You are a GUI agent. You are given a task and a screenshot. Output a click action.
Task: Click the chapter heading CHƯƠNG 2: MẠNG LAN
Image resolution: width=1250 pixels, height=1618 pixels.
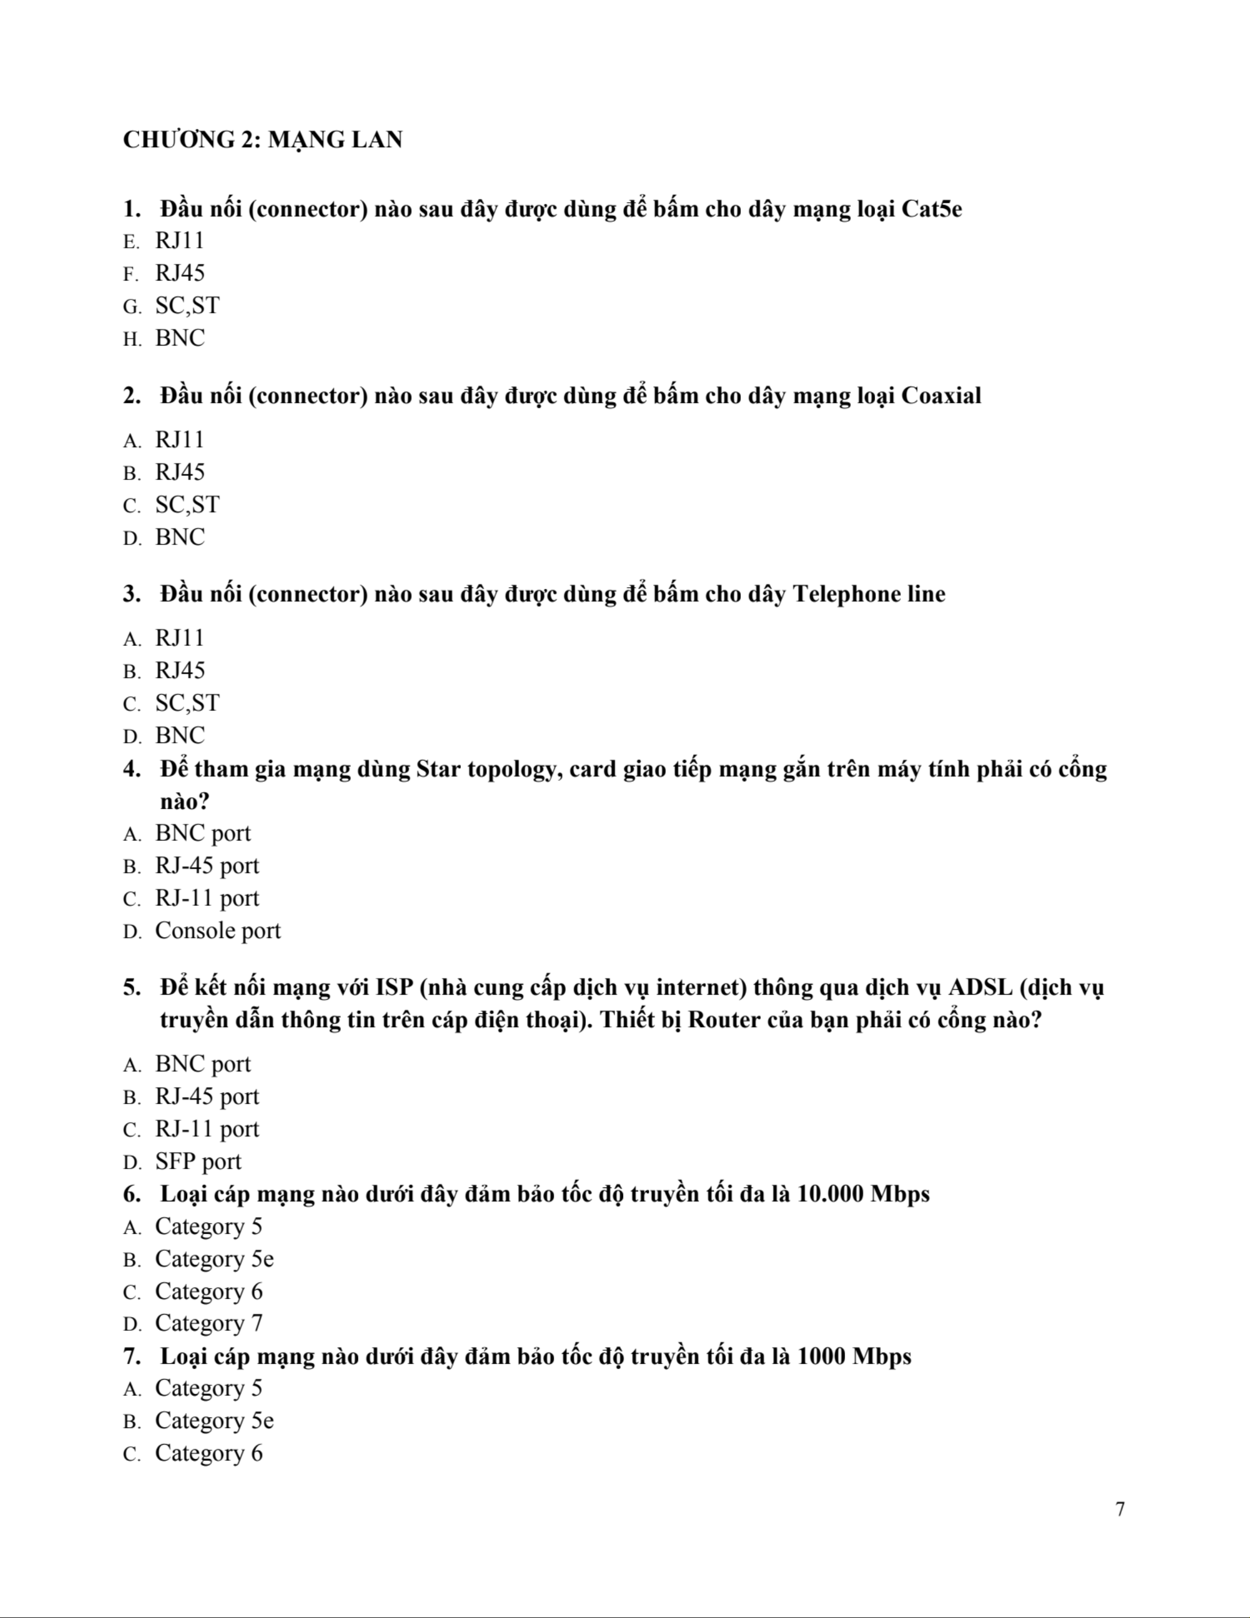tap(262, 139)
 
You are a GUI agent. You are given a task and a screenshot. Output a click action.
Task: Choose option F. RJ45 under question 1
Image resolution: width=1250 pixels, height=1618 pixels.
tap(179, 273)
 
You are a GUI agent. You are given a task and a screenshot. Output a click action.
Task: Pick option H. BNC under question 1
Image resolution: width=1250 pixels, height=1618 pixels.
tap(179, 339)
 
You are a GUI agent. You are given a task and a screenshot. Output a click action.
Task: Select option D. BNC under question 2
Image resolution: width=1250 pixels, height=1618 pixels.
tap(179, 537)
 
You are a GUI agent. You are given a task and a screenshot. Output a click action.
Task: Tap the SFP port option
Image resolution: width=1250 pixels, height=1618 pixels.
tap(198, 1161)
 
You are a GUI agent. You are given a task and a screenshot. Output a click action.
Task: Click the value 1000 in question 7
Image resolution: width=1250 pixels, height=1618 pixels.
tap(822, 1356)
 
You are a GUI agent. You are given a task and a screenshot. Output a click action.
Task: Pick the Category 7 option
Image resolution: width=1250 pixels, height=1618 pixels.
tap(208, 1323)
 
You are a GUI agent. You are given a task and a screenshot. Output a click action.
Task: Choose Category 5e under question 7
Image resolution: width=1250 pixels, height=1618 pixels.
tap(214, 1421)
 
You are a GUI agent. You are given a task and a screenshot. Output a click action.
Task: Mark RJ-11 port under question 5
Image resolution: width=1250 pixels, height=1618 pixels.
tap(207, 1129)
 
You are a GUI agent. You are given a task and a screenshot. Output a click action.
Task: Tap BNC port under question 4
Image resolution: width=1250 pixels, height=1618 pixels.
tap(202, 834)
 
